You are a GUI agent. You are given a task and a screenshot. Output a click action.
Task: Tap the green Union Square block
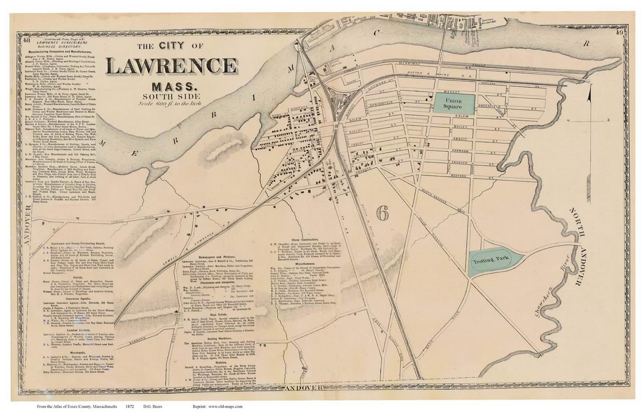[x=454, y=102]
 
